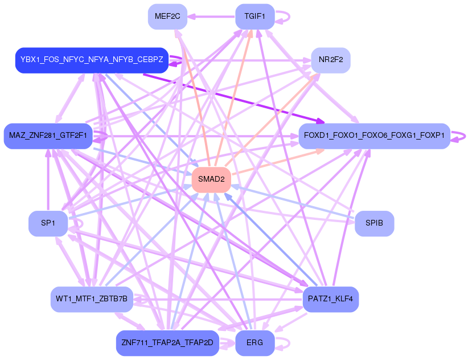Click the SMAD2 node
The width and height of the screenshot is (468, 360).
[x=211, y=179]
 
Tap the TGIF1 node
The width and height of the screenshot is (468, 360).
[x=254, y=17]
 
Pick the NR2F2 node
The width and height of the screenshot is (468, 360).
[x=330, y=60]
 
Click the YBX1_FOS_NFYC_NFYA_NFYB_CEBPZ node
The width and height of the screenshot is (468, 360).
[x=92, y=60]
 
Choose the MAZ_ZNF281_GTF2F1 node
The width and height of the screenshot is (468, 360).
[x=48, y=136]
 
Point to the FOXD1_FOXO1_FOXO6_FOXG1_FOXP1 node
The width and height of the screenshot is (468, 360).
[x=374, y=136]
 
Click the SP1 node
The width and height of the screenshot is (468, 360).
[x=48, y=223]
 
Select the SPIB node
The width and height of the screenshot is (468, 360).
[x=374, y=223]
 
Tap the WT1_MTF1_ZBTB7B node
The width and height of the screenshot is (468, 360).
[x=92, y=298]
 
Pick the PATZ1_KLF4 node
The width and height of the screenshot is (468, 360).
[x=330, y=298]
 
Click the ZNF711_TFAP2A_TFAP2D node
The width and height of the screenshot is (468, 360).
[x=167, y=343]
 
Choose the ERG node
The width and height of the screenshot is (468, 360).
[x=254, y=343]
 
